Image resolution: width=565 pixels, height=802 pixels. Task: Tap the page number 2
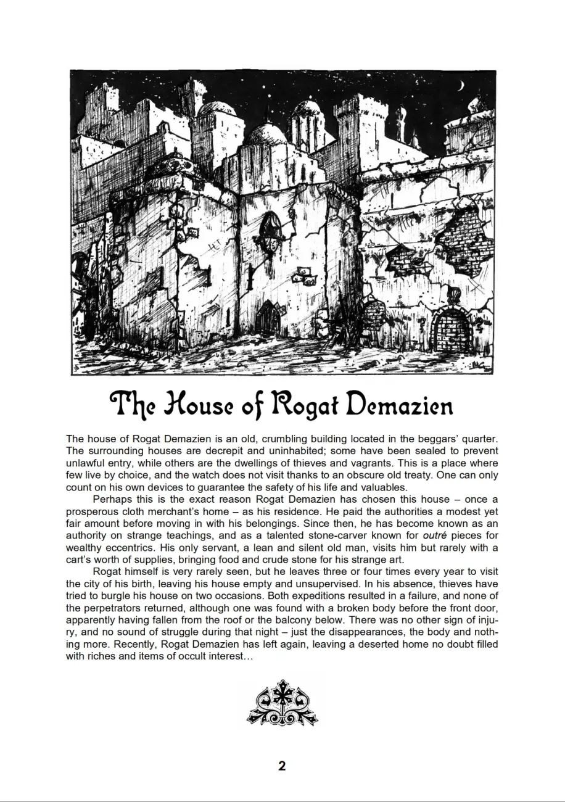coord(282,767)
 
